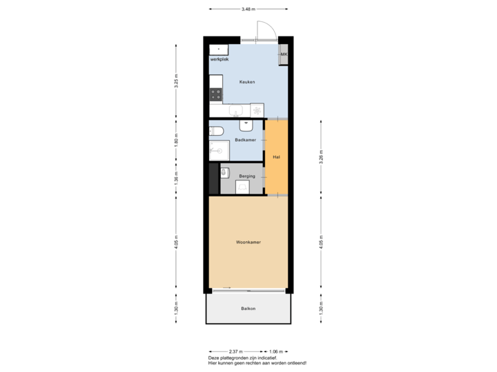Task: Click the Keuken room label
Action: tap(247, 82)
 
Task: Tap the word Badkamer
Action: tap(245, 140)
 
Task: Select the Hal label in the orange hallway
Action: tap(276, 157)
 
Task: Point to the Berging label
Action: tap(247, 176)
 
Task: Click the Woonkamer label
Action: tap(248, 242)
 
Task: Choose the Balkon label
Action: tap(248, 308)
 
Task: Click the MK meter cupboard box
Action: tap(283, 54)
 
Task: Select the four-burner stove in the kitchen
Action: tap(217, 95)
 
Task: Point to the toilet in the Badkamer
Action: tap(215, 130)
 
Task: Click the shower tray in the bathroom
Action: tap(219, 150)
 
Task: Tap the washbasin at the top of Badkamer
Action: tap(246, 125)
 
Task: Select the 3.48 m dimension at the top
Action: tap(248, 9)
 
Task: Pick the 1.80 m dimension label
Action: tap(176, 140)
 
